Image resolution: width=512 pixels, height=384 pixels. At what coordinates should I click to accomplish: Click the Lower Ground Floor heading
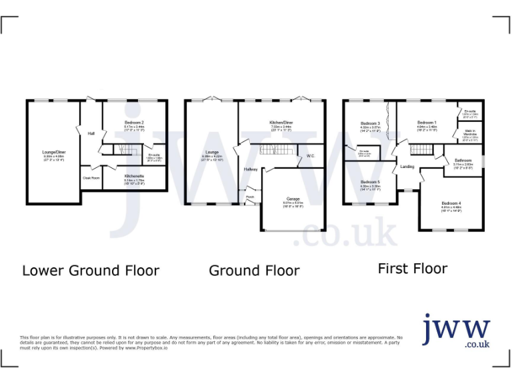91,270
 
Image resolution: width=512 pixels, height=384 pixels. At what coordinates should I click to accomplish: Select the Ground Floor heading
254,270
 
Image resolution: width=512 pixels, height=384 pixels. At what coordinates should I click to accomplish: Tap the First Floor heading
412,268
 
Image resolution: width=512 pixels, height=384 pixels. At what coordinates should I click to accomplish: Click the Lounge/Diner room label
54,153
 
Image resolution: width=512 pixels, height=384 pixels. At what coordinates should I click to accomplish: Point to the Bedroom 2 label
134,123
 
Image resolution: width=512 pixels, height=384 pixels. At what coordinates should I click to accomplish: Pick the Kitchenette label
134,175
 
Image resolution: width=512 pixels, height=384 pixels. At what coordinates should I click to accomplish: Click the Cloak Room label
91,178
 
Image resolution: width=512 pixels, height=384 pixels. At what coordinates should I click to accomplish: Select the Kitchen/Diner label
281,123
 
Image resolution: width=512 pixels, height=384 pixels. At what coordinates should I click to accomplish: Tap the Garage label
293,199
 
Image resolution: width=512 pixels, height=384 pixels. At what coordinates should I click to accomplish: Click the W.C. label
311,156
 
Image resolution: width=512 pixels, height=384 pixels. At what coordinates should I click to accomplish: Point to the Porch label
250,197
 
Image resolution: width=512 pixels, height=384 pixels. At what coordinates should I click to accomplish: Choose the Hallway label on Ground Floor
251,169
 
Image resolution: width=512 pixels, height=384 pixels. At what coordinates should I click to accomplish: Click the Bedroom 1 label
427,123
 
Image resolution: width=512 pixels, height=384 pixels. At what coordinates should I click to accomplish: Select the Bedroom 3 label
370,123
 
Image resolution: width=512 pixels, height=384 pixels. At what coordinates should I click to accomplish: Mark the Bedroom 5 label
370,182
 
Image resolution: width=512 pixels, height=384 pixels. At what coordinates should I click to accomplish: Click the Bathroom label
463,161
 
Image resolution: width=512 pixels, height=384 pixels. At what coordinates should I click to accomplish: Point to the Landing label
407,167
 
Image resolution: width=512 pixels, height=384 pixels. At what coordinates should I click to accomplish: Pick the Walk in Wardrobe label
469,132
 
